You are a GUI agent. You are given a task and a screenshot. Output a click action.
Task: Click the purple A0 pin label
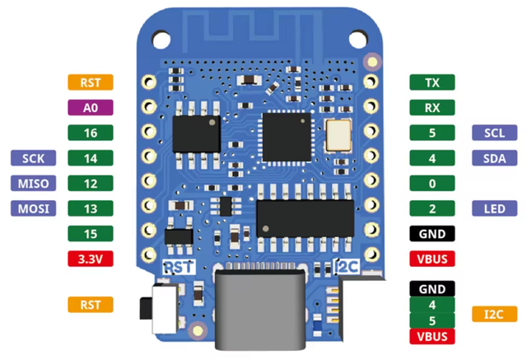pos(91,108)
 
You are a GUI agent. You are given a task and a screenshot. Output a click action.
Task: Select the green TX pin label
pos(432,82)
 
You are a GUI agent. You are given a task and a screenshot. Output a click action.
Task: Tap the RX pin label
pos(432,108)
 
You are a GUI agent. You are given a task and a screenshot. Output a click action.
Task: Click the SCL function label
pos(494,133)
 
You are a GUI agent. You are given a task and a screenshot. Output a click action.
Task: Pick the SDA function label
pos(494,158)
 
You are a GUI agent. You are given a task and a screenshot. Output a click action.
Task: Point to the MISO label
pos(33,183)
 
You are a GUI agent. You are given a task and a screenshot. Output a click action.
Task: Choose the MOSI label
pos(33,208)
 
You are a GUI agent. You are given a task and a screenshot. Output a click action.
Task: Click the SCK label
pos(33,158)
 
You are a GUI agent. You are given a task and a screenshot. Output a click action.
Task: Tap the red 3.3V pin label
pos(91,259)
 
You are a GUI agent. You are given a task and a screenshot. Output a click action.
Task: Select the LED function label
pos(494,208)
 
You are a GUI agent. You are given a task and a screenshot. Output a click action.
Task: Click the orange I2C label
pos(494,314)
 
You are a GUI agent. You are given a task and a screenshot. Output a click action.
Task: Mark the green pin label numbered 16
pos(91,133)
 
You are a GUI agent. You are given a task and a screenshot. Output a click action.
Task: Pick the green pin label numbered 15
pos(91,234)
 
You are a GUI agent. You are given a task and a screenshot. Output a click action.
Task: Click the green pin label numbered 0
pos(432,183)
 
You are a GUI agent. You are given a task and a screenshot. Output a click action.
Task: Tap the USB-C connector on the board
pos(260,309)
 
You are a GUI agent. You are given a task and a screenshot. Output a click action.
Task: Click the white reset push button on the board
pos(165,309)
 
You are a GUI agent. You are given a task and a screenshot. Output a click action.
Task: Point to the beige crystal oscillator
pos(338,135)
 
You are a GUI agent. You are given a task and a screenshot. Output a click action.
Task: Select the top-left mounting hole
pos(161,40)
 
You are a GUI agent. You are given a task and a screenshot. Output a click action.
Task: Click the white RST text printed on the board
pos(179,267)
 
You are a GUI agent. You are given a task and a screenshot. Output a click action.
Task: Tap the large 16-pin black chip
pos(305,218)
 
